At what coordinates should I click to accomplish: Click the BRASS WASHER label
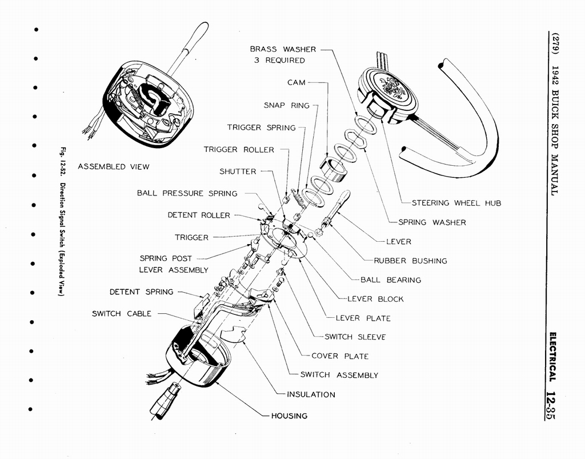pos(283,50)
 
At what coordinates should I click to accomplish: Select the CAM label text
pos(296,83)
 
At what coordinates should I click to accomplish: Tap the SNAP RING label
pos(286,105)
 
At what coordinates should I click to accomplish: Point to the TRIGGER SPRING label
pos(261,127)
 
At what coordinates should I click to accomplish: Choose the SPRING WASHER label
pos(431,222)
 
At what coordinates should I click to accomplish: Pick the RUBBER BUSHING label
pos(410,261)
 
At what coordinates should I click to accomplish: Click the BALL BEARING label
pos(391,280)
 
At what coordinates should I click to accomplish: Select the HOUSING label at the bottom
pos(289,416)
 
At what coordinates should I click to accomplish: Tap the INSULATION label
pos(311,394)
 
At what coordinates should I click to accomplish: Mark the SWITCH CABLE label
pos(122,314)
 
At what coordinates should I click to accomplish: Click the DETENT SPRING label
pos(141,292)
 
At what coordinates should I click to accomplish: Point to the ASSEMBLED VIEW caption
pos(113,167)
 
